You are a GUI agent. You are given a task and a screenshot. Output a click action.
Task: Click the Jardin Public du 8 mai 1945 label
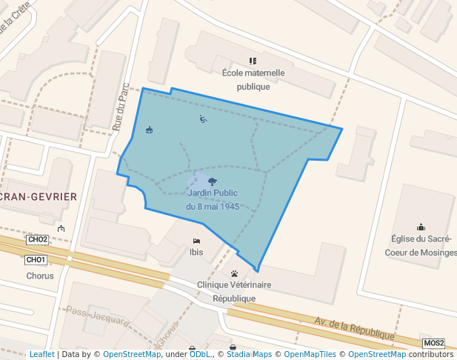(213, 199)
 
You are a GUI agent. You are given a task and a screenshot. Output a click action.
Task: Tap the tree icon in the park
(213, 181)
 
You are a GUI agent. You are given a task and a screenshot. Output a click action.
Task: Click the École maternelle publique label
(253, 79)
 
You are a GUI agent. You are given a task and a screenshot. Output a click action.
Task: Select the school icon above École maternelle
(253, 61)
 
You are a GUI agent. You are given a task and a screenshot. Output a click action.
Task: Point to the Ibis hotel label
(196, 252)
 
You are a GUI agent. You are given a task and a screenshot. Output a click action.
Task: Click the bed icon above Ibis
(196, 241)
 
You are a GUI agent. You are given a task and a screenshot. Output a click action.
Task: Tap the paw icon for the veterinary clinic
(235, 273)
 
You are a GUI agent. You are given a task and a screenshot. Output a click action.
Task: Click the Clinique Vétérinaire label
(234, 284)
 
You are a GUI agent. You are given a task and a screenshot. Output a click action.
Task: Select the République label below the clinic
(234, 299)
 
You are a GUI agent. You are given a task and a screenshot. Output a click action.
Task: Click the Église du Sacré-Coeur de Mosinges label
(421, 245)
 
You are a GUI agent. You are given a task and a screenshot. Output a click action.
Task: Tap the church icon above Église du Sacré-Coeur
(421, 227)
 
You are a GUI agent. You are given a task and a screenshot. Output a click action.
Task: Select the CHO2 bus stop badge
(37, 239)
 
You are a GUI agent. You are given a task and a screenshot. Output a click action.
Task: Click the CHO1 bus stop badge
(36, 260)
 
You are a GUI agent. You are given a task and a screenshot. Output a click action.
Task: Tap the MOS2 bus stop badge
(434, 343)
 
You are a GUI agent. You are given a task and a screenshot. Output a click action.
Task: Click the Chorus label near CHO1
(39, 276)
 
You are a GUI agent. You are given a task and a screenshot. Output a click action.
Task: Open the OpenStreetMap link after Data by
(132, 354)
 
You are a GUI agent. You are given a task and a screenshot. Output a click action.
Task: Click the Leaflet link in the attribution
(41, 354)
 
